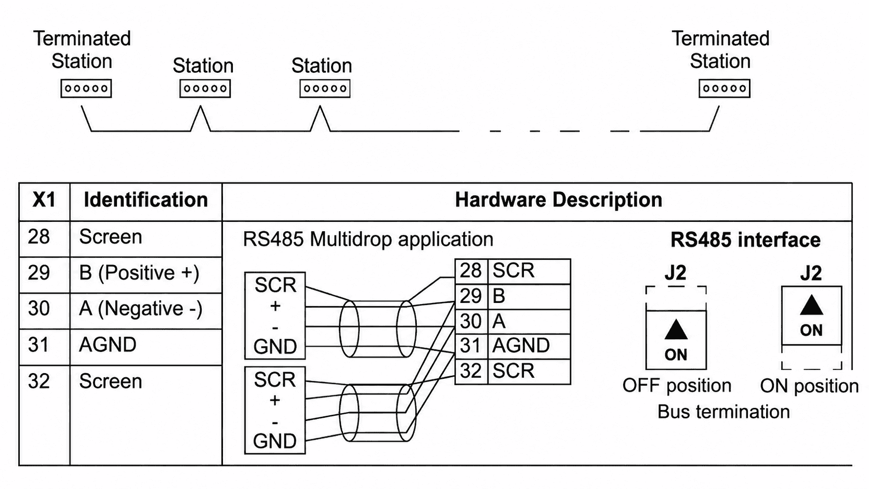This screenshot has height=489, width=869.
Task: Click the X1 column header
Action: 44,200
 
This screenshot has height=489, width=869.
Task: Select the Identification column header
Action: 146,200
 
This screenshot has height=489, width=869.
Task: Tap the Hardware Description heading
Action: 559,200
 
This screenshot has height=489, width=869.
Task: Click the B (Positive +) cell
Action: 139,273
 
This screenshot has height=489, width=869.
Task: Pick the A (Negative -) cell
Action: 141,309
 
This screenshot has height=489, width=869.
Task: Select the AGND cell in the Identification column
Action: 108,345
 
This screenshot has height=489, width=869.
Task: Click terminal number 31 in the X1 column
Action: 39,345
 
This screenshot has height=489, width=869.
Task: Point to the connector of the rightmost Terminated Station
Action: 725,88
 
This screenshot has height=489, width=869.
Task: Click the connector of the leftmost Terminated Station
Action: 86,88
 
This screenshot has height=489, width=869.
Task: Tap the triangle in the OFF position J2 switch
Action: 676,331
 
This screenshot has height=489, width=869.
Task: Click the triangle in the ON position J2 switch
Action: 811,306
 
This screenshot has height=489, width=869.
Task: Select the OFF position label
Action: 677,386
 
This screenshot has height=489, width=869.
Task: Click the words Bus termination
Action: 723,412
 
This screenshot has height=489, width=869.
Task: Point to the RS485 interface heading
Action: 745,240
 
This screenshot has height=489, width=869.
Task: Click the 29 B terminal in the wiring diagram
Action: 512,297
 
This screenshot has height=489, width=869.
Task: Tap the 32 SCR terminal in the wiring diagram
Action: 512,372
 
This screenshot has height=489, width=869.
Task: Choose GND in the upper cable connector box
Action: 275,347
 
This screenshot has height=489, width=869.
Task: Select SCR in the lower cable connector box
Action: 274,380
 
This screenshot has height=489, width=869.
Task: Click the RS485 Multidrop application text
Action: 368,239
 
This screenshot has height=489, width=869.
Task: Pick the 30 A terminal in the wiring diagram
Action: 512,322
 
